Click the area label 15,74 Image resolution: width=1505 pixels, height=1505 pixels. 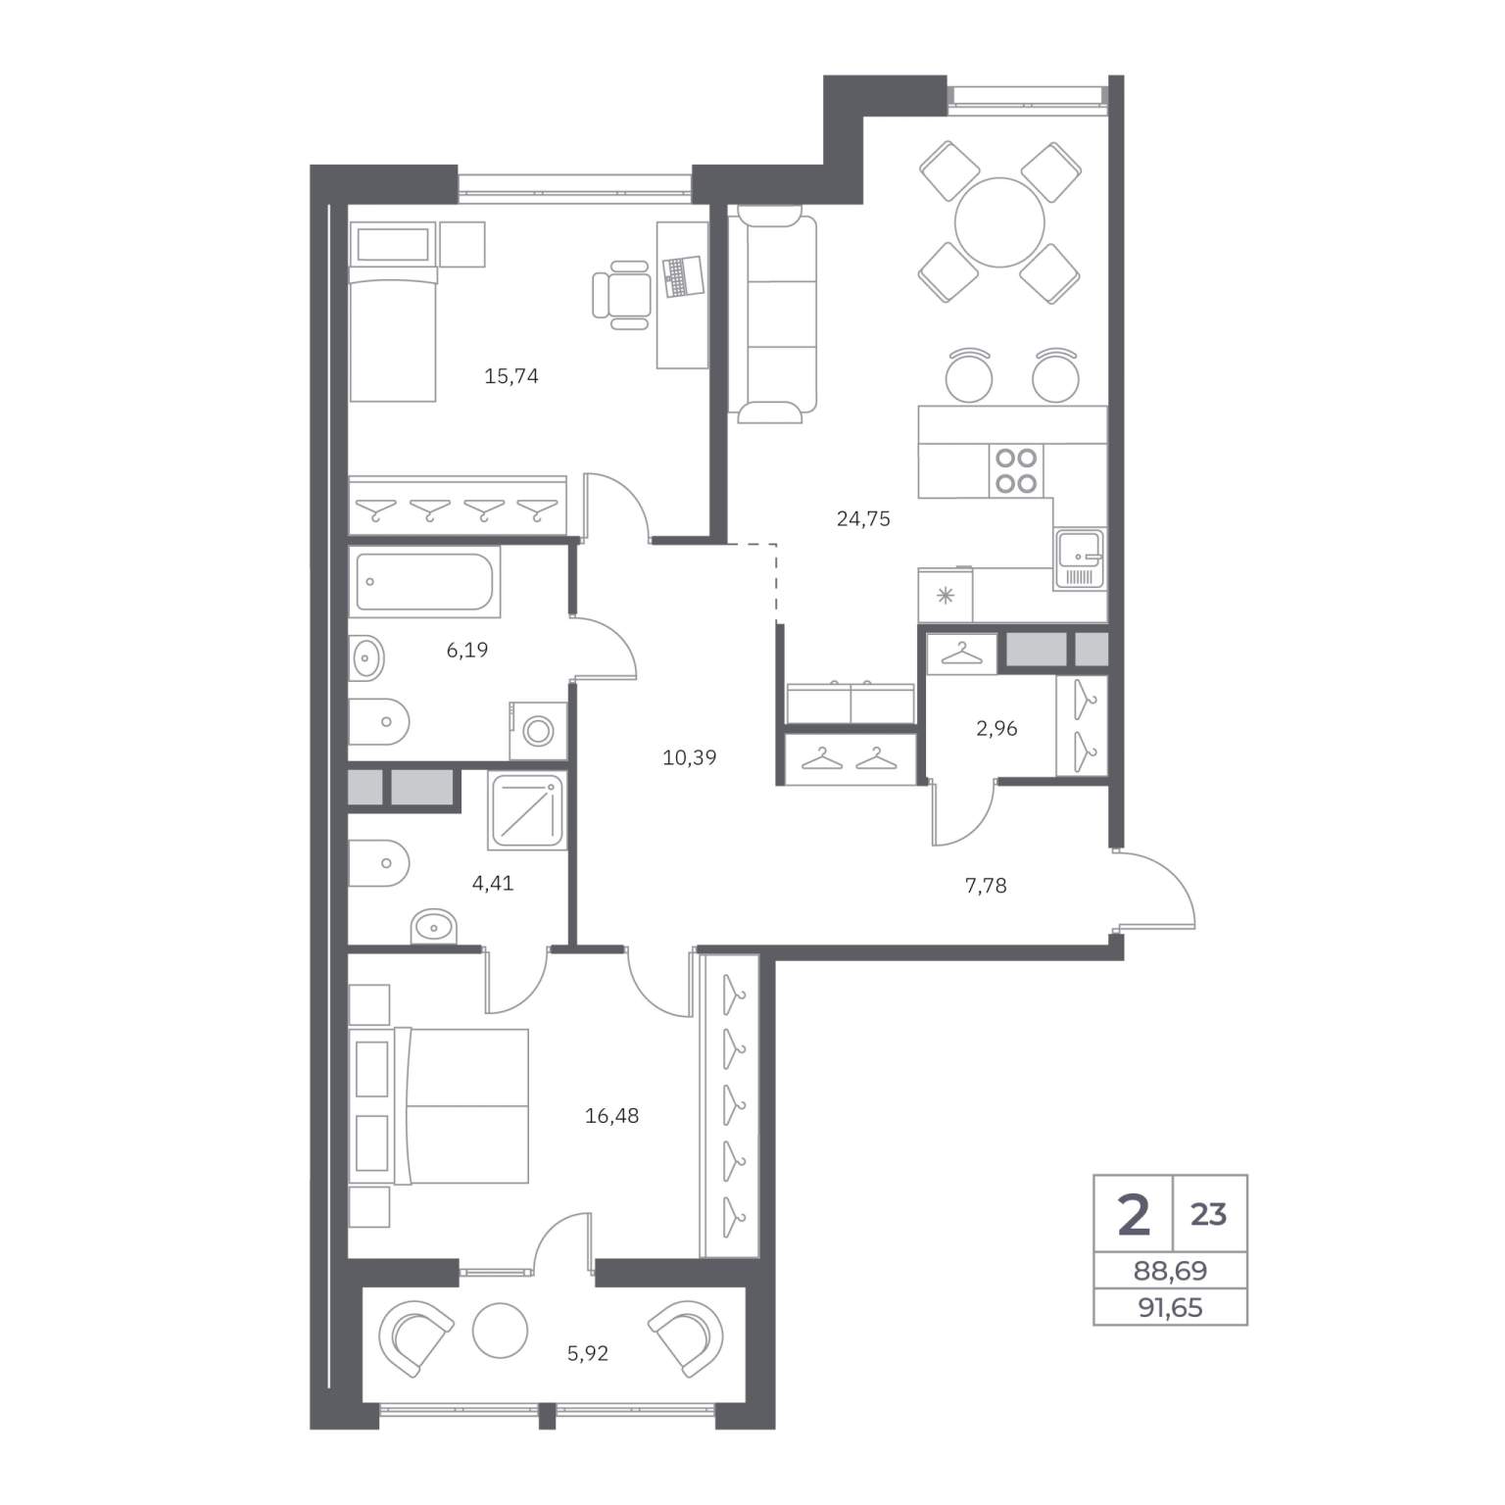[x=511, y=376]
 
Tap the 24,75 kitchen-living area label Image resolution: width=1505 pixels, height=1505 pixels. [x=863, y=519]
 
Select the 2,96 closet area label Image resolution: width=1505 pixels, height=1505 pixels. [x=996, y=729]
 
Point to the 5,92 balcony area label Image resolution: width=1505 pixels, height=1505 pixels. [x=588, y=1354]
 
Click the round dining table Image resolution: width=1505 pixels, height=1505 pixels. [x=1000, y=221]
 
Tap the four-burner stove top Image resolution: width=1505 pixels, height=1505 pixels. [x=1016, y=469]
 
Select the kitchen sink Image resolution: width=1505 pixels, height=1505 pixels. [x=1080, y=559]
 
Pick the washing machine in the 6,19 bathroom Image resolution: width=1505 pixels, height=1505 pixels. [x=538, y=730]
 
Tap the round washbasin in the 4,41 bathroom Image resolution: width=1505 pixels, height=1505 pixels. [x=432, y=925]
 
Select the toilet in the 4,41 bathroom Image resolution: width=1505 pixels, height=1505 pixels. [x=377, y=863]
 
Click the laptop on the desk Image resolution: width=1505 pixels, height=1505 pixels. [x=683, y=275]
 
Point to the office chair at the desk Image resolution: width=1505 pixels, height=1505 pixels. [x=621, y=294]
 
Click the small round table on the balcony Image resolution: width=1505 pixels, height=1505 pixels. [x=500, y=1330]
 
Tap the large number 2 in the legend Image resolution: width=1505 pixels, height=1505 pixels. [x=1134, y=1214]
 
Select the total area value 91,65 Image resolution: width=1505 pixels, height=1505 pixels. [x=1170, y=1308]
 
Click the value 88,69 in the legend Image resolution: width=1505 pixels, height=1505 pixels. [x=1170, y=1271]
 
